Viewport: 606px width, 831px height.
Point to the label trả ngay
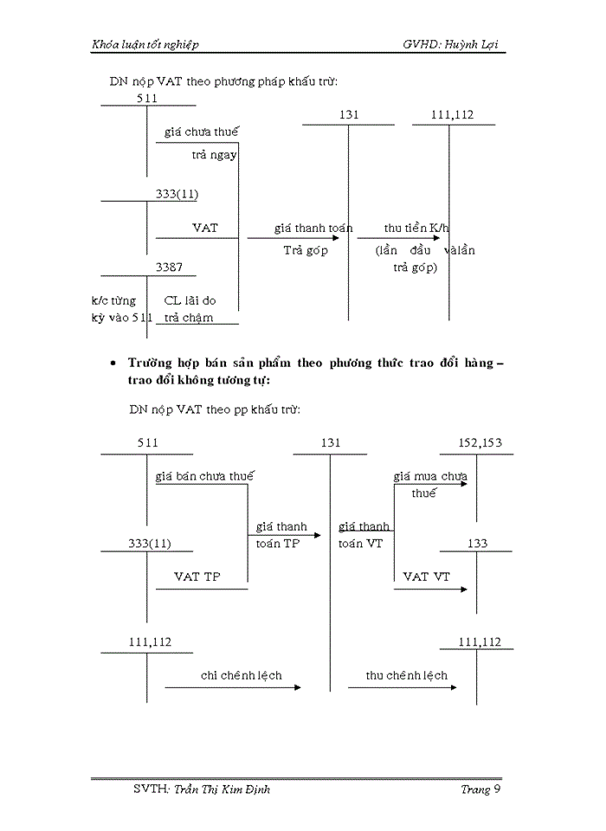point(214,155)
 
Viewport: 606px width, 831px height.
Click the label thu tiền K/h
point(416,228)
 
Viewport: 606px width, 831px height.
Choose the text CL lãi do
point(190,300)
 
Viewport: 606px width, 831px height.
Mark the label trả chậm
point(189,318)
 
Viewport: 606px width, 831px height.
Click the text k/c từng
point(113,300)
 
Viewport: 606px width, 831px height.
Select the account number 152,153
point(480,442)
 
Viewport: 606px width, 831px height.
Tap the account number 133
point(476,543)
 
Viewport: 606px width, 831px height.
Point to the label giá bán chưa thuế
point(204,475)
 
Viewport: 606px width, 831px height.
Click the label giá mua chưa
point(430,475)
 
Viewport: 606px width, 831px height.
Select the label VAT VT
point(428,576)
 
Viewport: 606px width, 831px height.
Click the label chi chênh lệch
point(229,675)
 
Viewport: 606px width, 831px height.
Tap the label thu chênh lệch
point(407,675)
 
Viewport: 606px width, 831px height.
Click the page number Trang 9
point(480,789)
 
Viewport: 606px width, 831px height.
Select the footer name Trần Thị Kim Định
point(221,789)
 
